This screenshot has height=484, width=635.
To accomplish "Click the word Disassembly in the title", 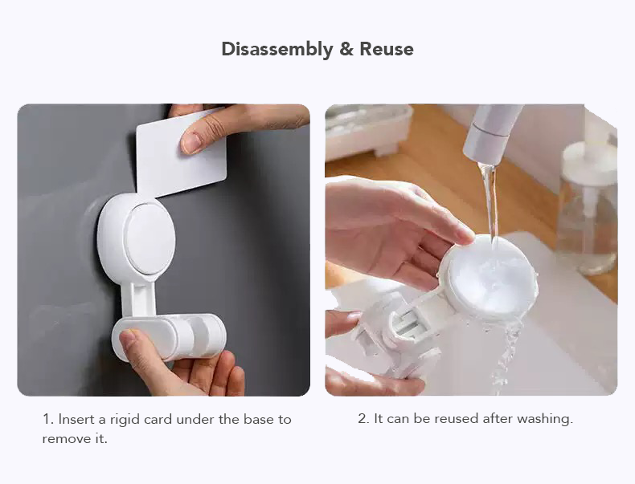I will (x=277, y=49).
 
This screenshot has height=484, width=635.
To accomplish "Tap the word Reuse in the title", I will (x=387, y=49).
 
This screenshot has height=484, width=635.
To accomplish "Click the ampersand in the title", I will (x=346, y=49).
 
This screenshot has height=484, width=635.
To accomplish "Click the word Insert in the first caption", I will (x=78, y=419).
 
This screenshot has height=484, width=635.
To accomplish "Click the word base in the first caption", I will (x=257, y=419).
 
